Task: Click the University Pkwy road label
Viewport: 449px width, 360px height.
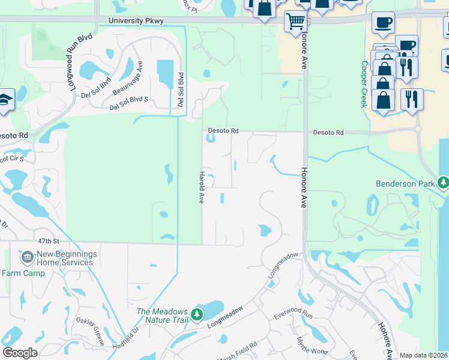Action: pyautogui.click(x=136, y=20)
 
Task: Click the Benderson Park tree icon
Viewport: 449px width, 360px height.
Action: pyautogui.click(x=444, y=181)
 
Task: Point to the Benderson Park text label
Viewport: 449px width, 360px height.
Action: pyautogui.click(x=405, y=184)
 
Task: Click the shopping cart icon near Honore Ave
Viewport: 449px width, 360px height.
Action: pyautogui.click(x=295, y=22)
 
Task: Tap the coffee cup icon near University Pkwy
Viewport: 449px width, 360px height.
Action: pyautogui.click(x=383, y=23)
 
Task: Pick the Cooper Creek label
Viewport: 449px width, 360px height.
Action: pyautogui.click(x=364, y=84)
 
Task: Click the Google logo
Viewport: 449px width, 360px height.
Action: pyautogui.click(x=20, y=353)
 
